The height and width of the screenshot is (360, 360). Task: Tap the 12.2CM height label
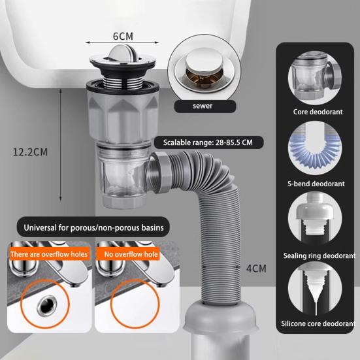[31, 152]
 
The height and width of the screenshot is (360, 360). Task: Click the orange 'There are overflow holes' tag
[49, 254]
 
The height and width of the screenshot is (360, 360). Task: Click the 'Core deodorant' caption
[318, 112]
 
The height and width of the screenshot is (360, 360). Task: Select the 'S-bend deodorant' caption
[318, 184]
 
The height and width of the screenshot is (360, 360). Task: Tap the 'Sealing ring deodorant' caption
[318, 255]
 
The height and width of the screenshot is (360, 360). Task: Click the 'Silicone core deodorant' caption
[318, 323]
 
